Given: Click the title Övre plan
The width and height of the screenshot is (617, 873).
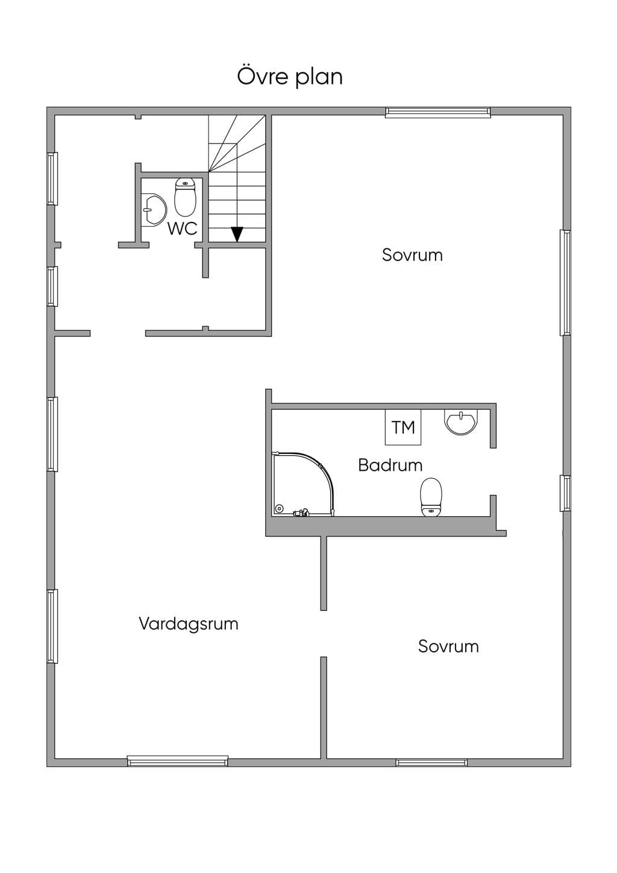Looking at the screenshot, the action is [x=290, y=77].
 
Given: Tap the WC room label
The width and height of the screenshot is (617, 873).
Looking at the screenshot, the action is [x=183, y=228].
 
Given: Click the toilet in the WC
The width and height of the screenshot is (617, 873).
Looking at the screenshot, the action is [x=185, y=197].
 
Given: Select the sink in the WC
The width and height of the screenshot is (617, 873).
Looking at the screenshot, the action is [x=154, y=210].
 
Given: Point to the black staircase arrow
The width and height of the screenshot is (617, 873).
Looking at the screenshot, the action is [x=237, y=235].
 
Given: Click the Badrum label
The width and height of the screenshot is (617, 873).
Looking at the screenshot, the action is [x=390, y=465].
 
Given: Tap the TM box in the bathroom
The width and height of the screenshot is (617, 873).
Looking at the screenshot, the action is [x=403, y=427].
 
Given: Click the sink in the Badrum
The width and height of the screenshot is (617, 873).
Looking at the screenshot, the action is [x=461, y=423].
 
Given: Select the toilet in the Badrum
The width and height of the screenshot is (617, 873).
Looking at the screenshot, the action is [x=431, y=497].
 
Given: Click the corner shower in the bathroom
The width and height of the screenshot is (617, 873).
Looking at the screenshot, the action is [x=303, y=484].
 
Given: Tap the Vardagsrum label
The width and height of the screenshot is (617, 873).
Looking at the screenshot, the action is [x=189, y=623].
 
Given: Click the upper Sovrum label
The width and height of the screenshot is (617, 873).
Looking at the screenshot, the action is [x=412, y=255].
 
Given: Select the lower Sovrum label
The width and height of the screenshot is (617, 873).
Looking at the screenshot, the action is [x=448, y=646].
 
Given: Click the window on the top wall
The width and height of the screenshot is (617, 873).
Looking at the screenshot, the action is [x=438, y=112].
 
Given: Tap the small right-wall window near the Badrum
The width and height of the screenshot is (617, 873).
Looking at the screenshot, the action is [x=566, y=493].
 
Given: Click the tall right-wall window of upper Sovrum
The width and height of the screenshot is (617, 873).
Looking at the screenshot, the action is [x=566, y=283].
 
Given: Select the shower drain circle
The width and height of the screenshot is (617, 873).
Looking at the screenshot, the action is [x=280, y=509].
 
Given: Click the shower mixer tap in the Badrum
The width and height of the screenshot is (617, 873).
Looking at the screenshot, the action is [x=301, y=512].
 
